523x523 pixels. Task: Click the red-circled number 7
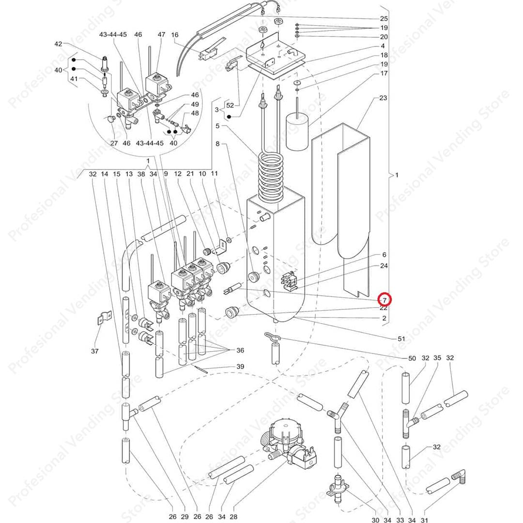pos(384,300)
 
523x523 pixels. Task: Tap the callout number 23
pos(383,98)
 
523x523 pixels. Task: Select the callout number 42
pos(58,44)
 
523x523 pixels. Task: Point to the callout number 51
pos(401,338)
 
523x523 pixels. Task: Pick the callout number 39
pos(240,367)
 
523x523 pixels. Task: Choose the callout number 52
pos(230,105)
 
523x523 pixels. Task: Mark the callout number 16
pos(175,35)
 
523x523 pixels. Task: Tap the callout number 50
pos(412,358)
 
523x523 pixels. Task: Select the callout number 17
pos(384,74)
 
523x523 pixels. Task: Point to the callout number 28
pos(233,517)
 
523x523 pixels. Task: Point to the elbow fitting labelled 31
pos(459,478)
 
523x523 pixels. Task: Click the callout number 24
pos(384,266)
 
